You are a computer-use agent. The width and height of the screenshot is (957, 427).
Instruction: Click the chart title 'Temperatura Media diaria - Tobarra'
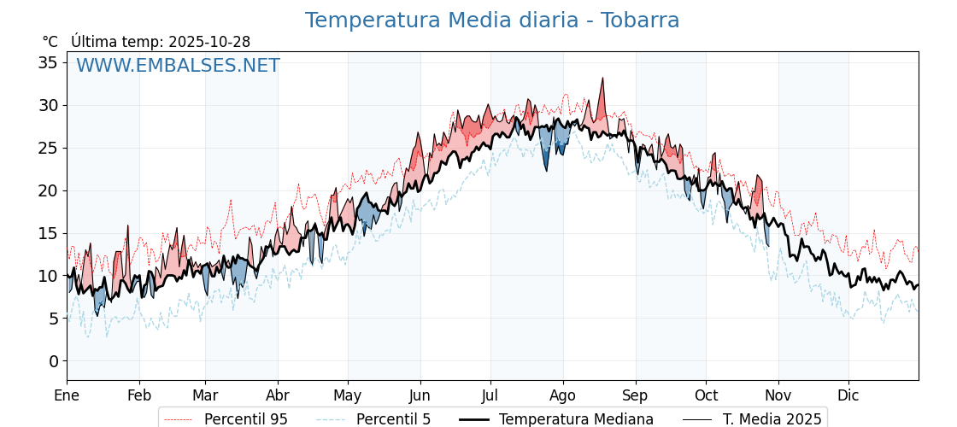tap(492, 20)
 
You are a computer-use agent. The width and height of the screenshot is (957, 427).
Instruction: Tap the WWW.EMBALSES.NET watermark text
tap(178, 66)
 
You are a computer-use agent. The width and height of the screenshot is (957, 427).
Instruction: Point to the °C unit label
tap(50, 42)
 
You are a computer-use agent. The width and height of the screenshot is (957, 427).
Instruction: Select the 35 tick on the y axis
tap(48, 62)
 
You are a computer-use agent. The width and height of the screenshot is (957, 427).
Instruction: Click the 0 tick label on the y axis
tap(53, 361)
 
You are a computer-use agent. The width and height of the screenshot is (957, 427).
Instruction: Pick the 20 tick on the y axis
tap(48, 190)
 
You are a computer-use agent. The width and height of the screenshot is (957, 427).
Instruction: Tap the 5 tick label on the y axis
tap(53, 319)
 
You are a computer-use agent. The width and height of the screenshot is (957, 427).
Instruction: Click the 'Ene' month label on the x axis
tap(67, 395)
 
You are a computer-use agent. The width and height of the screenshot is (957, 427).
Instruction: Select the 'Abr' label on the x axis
tap(278, 395)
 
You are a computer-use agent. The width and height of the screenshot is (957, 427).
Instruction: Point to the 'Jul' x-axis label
tap(490, 395)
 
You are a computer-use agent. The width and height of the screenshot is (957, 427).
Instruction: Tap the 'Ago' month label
tap(563, 395)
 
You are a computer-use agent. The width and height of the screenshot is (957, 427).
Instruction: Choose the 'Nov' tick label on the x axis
tap(778, 395)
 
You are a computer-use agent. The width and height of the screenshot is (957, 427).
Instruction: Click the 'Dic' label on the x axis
tap(848, 395)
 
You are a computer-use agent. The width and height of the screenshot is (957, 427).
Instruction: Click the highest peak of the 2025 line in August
tap(602, 79)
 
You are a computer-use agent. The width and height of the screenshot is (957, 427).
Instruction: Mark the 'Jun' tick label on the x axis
tap(420, 395)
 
